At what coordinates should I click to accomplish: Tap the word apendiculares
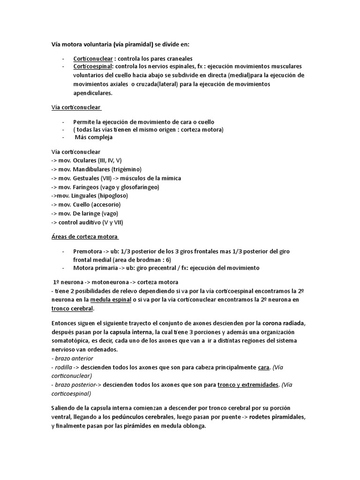coord(93,93)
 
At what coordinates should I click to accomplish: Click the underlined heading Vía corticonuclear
coord(76,107)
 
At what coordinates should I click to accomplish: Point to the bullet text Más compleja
coord(94,138)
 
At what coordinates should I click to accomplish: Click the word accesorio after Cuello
coord(106,205)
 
